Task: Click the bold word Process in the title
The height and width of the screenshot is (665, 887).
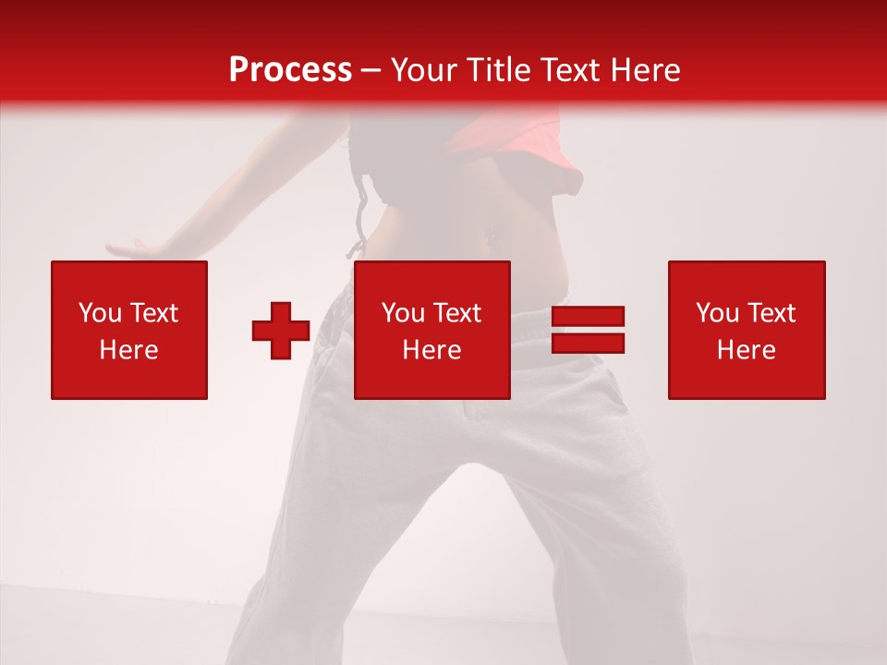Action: click(x=290, y=69)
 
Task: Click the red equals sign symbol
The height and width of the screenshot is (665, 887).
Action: click(x=588, y=330)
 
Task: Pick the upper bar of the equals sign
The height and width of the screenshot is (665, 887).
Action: click(x=588, y=317)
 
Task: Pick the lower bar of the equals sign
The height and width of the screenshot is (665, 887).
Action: click(x=588, y=343)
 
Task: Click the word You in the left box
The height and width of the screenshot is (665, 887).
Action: click(x=100, y=313)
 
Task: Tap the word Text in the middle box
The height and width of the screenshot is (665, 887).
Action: click(x=456, y=313)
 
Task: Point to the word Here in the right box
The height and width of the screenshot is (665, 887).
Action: click(x=747, y=350)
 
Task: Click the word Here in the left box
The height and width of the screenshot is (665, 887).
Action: click(x=129, y=350)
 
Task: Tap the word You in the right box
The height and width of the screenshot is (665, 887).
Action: click(x=717, y=313)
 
